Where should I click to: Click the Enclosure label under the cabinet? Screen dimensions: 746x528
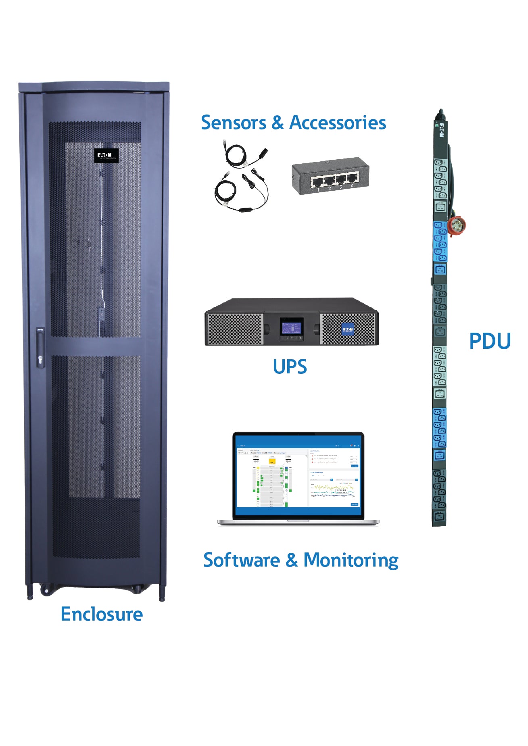(102, 615)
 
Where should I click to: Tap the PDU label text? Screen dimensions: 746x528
(490, 341)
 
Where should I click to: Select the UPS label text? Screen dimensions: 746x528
(290, 367)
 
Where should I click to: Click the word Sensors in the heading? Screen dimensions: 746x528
(234, 123)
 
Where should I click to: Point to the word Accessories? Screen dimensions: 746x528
(338, 123)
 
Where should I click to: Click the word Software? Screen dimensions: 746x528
(241, 560)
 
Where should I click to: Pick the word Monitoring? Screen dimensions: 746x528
(351, 561)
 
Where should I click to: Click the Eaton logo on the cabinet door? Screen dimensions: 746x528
(106, 155)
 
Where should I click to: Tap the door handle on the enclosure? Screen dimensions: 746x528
(40, 347)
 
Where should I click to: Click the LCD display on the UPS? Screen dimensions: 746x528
(291, 327)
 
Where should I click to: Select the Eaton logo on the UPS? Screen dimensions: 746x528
(348, 329)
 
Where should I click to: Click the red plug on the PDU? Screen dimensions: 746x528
(457, 225)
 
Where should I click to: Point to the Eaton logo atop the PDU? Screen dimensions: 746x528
(441, 130)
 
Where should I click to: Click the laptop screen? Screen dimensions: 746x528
(298, 476)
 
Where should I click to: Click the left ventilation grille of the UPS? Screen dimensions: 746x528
(234, 329)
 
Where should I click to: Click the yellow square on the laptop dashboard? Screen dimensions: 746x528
(272, 461)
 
